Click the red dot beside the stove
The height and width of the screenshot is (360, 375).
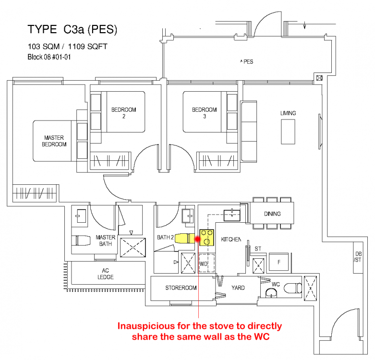tap(197, 239)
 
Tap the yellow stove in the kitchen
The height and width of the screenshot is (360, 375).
tap(207, 237)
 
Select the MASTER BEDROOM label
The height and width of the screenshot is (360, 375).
tap(54, 141)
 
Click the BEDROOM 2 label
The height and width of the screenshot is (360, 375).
tap(124, 113)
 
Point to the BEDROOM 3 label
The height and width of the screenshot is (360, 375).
tap(205, 113)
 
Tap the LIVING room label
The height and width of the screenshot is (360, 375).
tap(288, 113)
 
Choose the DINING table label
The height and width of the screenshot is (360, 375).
tap(272, 214)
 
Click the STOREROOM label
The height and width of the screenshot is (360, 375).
tap(180, 288)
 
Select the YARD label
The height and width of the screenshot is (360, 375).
tap(238, 288)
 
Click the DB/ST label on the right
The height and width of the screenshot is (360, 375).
tap(358, 257)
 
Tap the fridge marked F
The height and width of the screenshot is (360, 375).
tap(278, 262)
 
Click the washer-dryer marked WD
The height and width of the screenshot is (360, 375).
tap(203, 264)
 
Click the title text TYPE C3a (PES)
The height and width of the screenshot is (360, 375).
tap(73, 30)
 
